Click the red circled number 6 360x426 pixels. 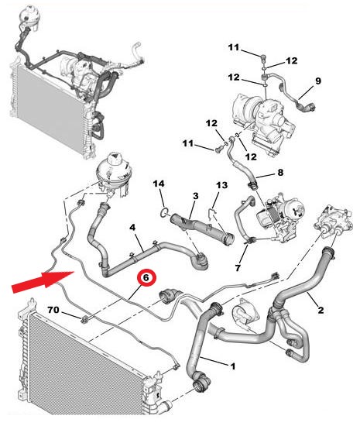(x=146, y=277)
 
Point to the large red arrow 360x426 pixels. (x=43, y=282)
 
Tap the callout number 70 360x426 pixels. (x=53, y=310)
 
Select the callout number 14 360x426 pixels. (x=159, y=184)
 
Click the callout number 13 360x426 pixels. (x=221, y=186)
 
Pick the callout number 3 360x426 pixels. (x=195, y=196)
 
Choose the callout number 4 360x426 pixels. (x=132, y=228)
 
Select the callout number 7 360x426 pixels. (x=238, y=268)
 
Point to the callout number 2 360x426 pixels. (x=321, y=310)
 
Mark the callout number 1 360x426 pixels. (x=233, y=366)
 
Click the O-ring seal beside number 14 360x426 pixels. (x=164, y=213)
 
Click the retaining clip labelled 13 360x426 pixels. (x=213, y=214)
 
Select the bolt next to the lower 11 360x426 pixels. (x=218, y=149)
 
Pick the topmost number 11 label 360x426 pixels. (x=234, y=47)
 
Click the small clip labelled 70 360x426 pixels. (x=84, y=319)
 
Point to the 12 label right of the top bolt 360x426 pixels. (x=292, y=60)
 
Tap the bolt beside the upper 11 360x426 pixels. (x=264, y=57)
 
